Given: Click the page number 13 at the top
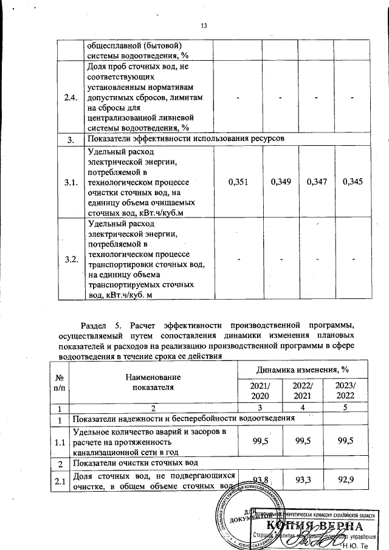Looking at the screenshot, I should [204, 26].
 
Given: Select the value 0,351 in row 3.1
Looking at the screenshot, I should [238, 182].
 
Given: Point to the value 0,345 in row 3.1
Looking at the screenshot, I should [353, 182].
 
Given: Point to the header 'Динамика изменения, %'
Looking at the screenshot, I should [302, 368].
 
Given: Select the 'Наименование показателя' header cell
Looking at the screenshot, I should [152, 382].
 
